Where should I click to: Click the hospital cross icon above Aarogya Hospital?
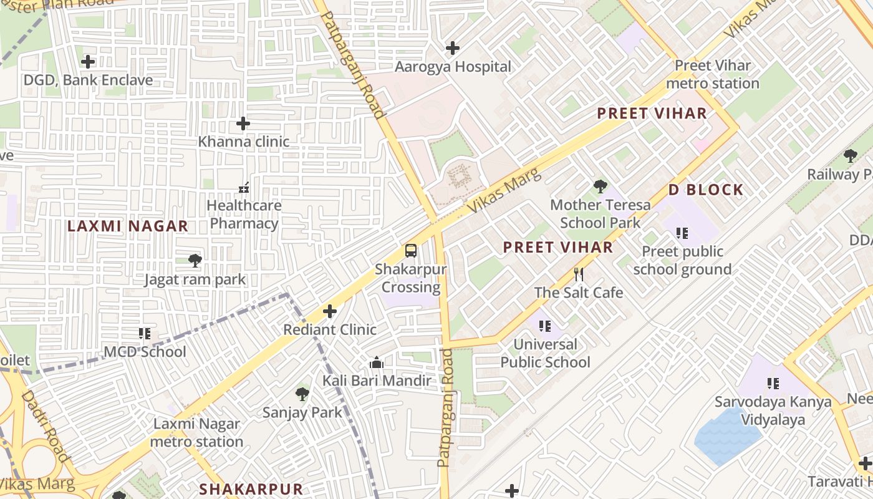coord(453,47)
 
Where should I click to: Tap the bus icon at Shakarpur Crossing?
coord(410,251)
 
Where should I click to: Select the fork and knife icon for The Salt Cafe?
coord(579,274)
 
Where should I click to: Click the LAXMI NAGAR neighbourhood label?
coord(128,226)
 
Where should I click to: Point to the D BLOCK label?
coord(706,190)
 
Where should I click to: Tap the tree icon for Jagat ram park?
coord(195,261)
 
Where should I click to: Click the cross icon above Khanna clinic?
coord(243,124)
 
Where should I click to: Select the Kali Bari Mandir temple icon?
coord(376,362)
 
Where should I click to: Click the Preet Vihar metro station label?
coord(713,74)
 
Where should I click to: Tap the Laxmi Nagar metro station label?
coord(196,433)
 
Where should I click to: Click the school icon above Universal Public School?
coord(545,326)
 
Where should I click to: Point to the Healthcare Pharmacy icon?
coord(244,187)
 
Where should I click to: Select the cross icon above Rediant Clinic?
coord(330,311)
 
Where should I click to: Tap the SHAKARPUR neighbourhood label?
coord(251,489)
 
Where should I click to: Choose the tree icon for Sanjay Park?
coord(302,394)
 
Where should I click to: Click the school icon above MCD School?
coord(145,334)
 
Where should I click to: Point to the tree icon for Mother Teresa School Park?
coord(600,186)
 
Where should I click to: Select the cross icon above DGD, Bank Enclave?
coord(88,61)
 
